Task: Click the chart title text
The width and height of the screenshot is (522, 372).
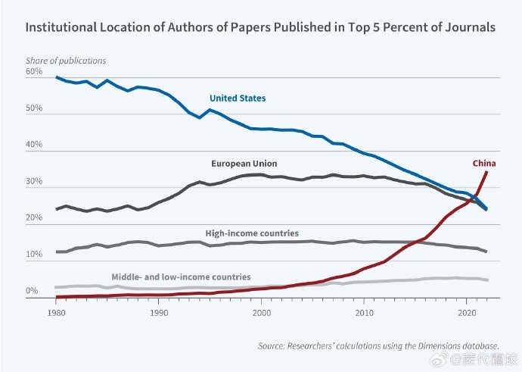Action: pyautogui.click(x=261, y=27)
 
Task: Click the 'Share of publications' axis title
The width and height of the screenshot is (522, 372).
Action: pyautogui.click(x=66, y=61)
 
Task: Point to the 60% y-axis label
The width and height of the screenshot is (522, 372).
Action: pyautogui.click(x=34, y=72)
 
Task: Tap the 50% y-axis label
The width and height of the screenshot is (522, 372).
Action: pyautogui.click(x=34, y=108)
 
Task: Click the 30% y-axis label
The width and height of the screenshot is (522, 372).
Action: pyautogui.click(x=34, y=182)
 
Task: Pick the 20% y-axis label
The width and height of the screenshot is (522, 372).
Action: pyautogui.click(x=34, y=218)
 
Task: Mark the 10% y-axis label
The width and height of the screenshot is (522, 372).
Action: pyautogui.click(x=34, y=255)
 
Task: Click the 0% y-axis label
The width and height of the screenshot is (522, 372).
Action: pyautogui.click(x=32, y=291)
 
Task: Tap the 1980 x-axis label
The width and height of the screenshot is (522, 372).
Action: pyautogui.click(x=55, y=311)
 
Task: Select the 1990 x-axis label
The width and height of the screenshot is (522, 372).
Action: pyautogui.click(x=158, y=311)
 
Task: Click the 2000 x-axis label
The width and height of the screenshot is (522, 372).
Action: pyautogui.click(x=261, y=311)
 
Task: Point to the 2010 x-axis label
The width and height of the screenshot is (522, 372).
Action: pyautogui.click(x=364, y=311)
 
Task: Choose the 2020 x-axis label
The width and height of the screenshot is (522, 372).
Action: pyautogui.click(x=467, y=311)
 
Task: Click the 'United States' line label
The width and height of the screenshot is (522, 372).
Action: pyautogui.click(x=238, y=98)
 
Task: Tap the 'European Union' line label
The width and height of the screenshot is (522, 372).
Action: pyautogui.click(x=244, y=163)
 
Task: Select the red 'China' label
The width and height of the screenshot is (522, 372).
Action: pyautogui.click(x=484, y=163)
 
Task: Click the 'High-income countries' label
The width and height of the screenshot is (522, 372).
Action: pyautogui.click(x=252, y=233)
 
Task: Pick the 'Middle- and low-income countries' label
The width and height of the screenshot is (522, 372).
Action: pyautogui.click(x=181, y=277)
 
